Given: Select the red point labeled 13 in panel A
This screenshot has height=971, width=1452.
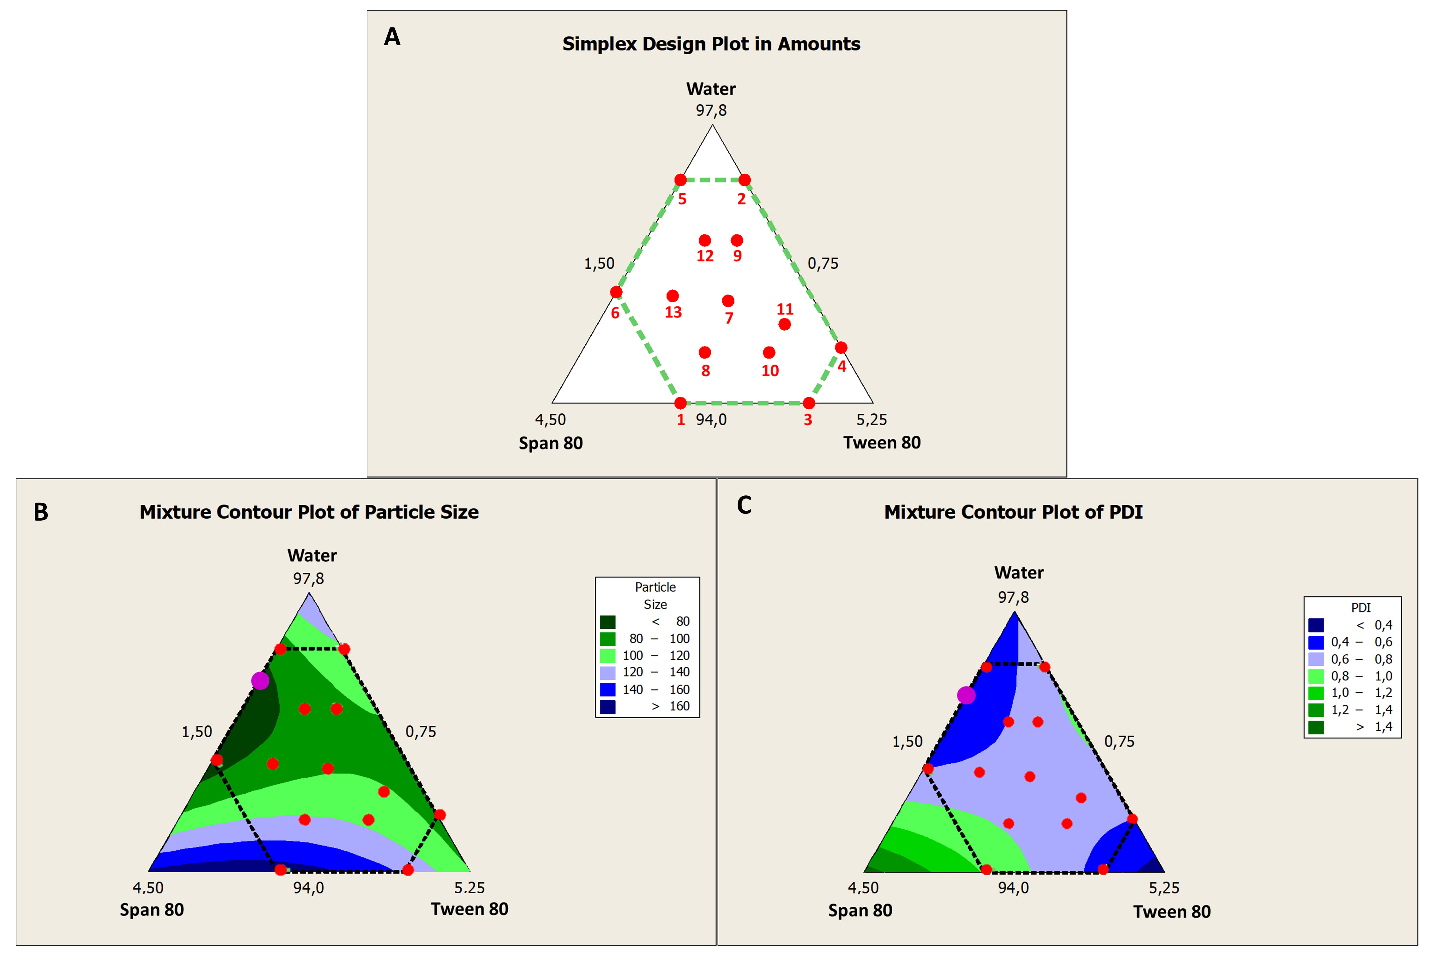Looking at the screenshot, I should pyautogui.click(x=673, y=296).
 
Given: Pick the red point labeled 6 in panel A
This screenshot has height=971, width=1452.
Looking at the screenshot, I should pyautogui.click(x=616, y=292).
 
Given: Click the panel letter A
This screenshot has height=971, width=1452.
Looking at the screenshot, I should pyautogui.click(x=392, y=37).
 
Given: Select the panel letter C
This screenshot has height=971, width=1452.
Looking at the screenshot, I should pyautogui.click(x=744, y=505).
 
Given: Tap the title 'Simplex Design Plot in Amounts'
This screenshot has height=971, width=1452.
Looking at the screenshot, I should pyautogui.click(x=711, y=44).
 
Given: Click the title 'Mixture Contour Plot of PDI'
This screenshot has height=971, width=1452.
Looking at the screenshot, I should pyautogui.click(x=1013, y=512).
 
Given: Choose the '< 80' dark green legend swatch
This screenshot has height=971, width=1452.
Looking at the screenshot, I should pyautogui.click(x=608, y=622).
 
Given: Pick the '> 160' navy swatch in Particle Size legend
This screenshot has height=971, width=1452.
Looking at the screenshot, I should pyautogui.click(x=608, y=706).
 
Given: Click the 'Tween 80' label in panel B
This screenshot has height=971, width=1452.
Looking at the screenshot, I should pyautogui.click(x=469, y=909).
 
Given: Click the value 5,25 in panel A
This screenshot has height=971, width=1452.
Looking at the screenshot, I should pyautogui.click(x=871, y=420).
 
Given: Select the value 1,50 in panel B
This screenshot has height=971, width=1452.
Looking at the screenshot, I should pyautogui.click(x=197, y=732).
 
